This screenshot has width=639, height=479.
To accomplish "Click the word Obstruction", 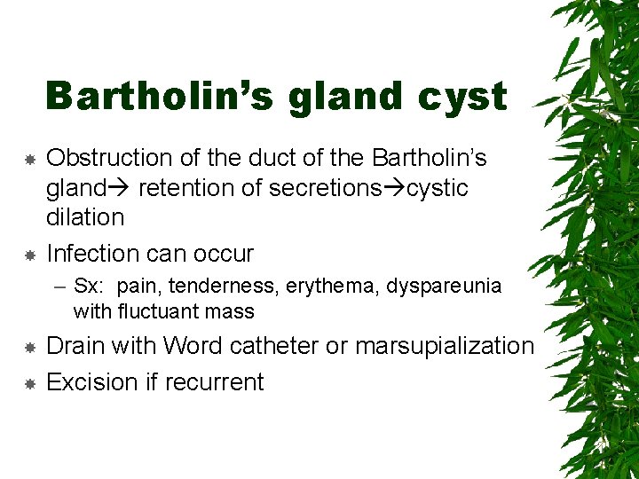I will pos(108,158).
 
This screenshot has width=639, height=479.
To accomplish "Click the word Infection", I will pos(97,254).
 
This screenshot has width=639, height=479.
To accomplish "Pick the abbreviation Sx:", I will pos(91,287).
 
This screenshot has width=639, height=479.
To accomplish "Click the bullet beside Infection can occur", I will pos(29,255).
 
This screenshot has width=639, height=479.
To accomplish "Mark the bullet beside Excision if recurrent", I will pos(29,383).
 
